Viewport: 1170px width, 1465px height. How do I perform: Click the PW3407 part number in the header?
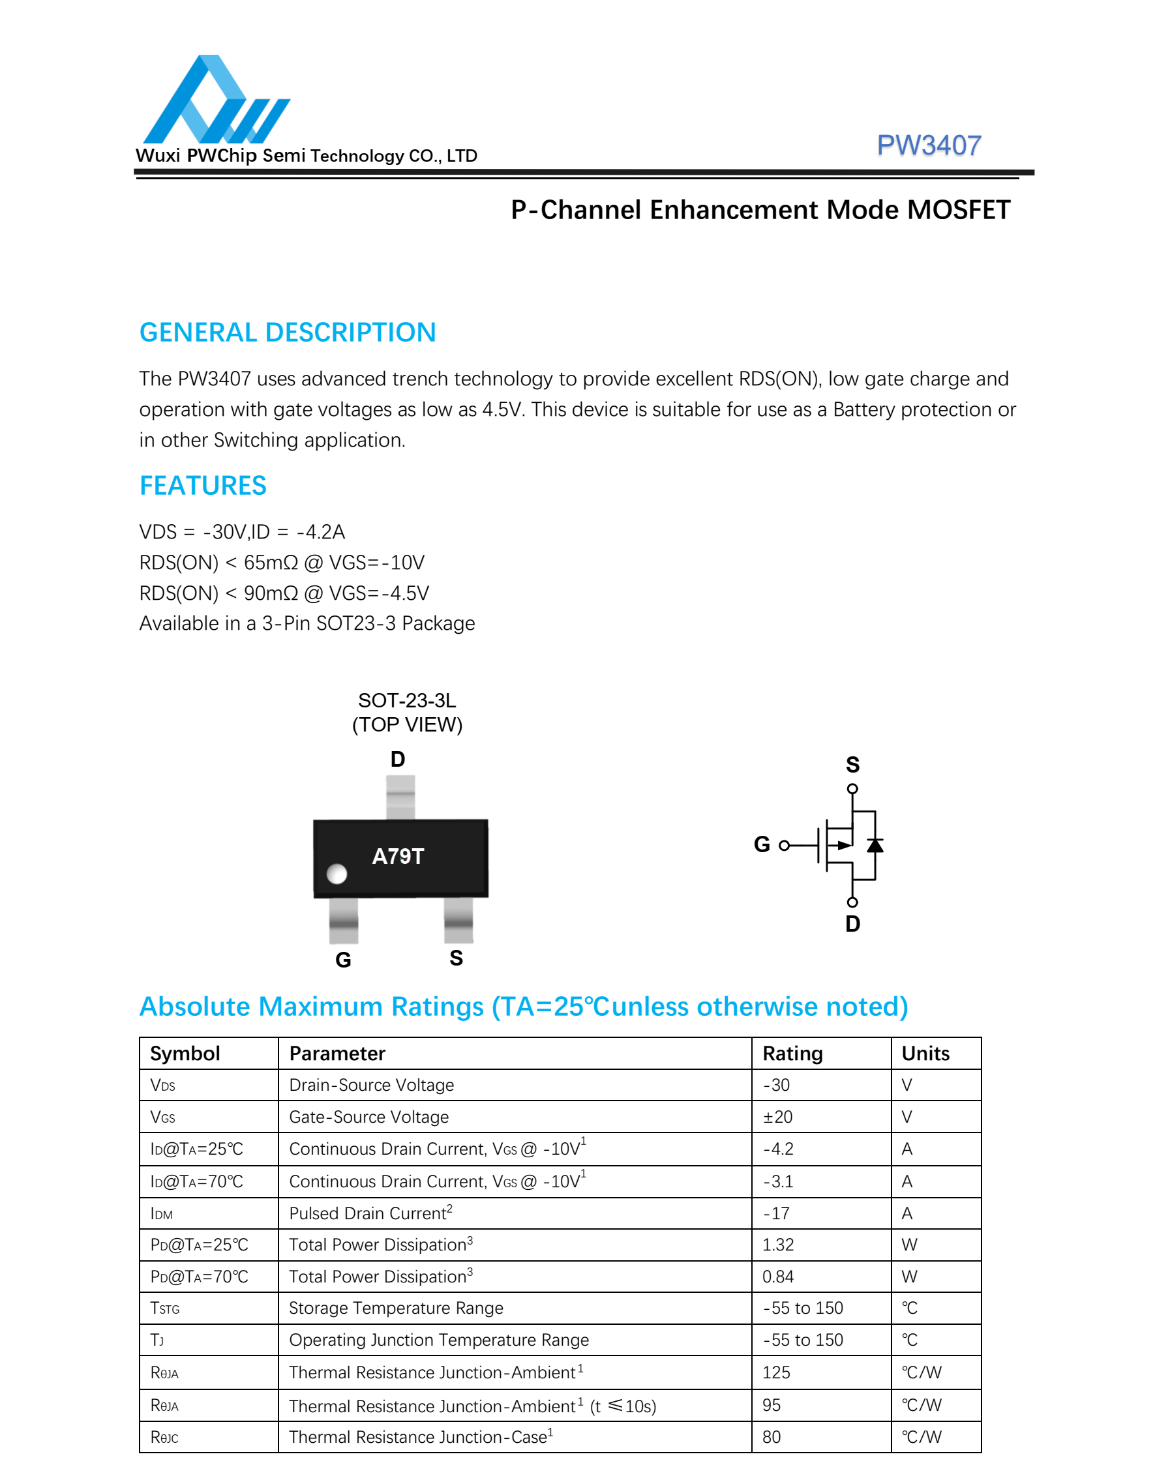928,145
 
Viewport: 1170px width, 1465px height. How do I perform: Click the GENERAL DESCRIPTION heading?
288,333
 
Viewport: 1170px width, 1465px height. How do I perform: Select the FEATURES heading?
203,486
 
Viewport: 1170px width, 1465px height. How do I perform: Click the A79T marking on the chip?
398,856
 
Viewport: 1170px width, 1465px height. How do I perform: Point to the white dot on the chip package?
337,874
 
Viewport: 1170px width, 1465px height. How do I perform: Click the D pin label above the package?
398,759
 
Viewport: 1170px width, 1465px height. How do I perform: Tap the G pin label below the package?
343,960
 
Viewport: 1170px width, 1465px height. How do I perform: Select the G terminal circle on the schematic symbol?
785,846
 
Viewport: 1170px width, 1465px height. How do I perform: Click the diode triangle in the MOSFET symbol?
875,846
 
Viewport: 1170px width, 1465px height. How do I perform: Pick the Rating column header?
792,1053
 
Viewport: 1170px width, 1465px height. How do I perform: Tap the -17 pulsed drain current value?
775,1213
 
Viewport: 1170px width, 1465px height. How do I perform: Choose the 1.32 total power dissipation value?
778,1245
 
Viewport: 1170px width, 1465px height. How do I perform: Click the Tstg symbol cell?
164,1308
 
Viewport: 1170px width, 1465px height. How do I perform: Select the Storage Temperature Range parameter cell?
396,1308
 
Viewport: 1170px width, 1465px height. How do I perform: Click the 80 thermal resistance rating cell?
772,1437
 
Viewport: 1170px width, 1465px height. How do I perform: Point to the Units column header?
925,1053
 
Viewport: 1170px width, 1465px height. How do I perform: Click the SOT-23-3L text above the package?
406,701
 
